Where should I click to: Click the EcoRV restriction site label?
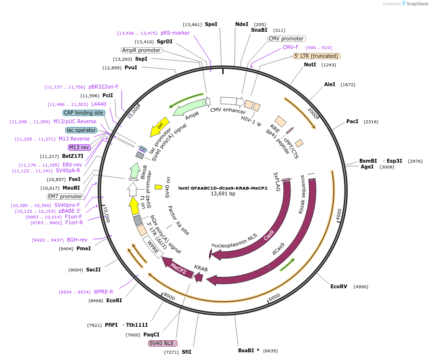click(339, 286)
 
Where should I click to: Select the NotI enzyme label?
click(310, 64)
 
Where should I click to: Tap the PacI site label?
click(352, 122)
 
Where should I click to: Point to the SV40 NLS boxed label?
click(163, 343)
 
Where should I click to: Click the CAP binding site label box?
click(84, 113)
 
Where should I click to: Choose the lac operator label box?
click(81, 130)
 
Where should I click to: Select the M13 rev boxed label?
click(79, 147)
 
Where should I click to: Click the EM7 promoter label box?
click(65, 196)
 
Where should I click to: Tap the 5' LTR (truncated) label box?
click(316, 56)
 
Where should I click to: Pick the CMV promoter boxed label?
click(286, 39)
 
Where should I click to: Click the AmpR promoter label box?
click(141, 50)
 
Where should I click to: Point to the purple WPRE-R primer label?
click(103, 292)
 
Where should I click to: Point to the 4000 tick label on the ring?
click(339, 213)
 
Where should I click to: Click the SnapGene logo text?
click(417, 4)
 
